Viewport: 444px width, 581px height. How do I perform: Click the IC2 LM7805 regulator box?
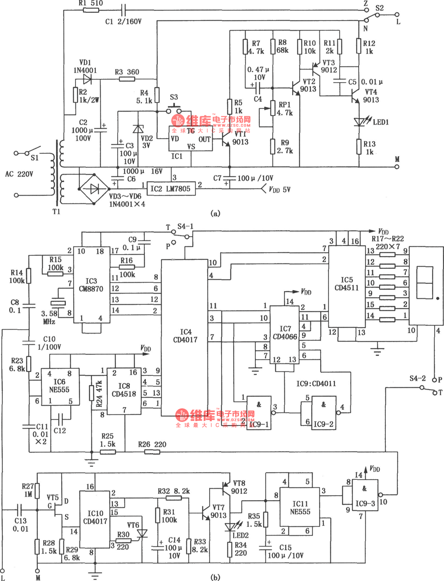(170, 188)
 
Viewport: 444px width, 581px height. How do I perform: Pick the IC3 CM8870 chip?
(91, 284)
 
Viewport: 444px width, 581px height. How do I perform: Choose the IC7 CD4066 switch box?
(285, 333)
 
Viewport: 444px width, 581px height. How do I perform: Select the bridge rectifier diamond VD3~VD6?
(94, 188)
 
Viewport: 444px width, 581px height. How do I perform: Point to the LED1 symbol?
(360, 122)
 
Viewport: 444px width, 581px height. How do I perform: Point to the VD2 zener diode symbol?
(138, 129)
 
